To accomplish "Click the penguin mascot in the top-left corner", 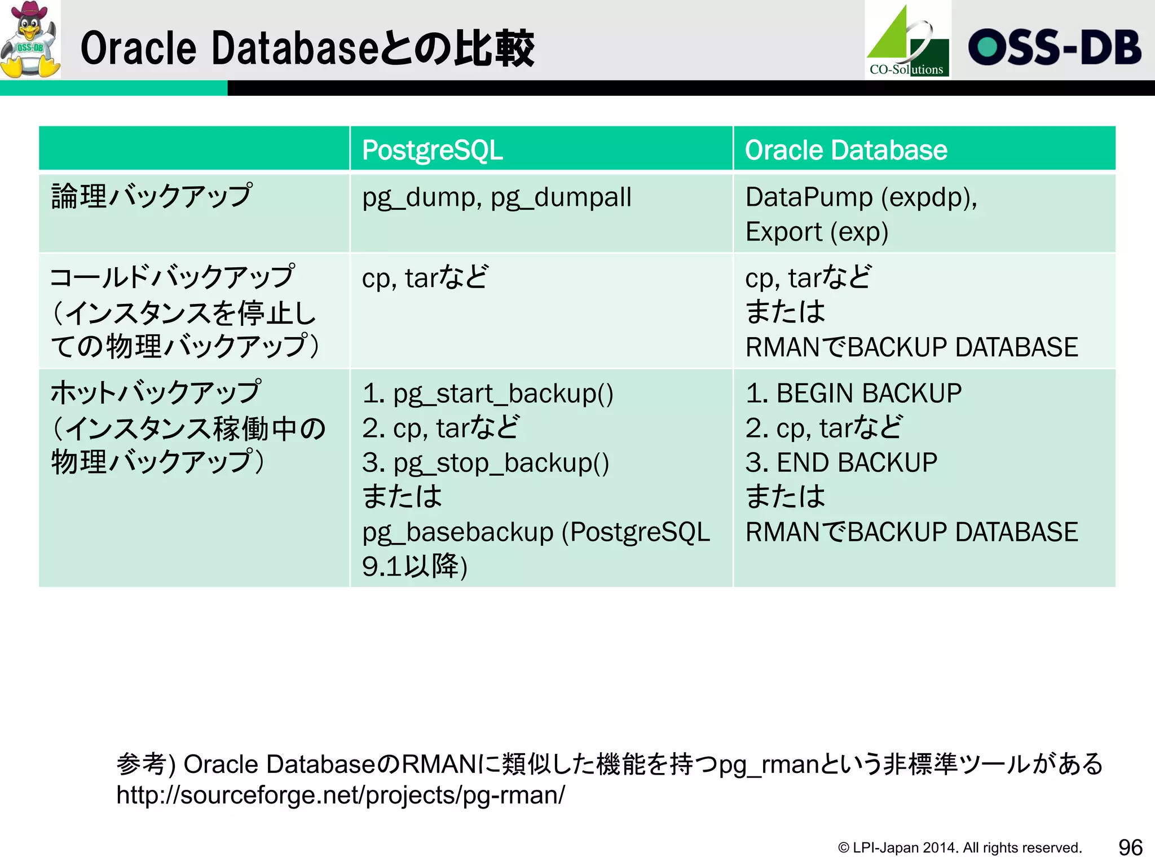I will pos(30,39).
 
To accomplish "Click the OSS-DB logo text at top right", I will pos(1055,47).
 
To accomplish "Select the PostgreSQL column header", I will pos(433,150).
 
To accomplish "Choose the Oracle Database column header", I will pos(846,150).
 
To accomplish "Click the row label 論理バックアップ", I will pos(151,196).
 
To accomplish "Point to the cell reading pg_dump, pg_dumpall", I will pos(496,197).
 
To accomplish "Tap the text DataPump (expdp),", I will pos(861,197).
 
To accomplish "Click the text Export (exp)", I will pos(817,232).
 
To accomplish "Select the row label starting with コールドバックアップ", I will pos(172,277).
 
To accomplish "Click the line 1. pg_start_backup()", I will pos(487,393).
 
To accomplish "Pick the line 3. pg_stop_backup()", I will pos(485,463).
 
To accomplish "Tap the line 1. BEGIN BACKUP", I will pos(853,393).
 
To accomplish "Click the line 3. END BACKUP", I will pos(841,463).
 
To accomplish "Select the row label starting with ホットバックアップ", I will pos(156,392).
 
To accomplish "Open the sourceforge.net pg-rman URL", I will pos(341,795).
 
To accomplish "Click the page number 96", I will pos(1130,847).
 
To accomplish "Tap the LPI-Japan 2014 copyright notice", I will pos(959,847).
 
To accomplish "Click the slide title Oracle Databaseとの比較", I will pos(307,48).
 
